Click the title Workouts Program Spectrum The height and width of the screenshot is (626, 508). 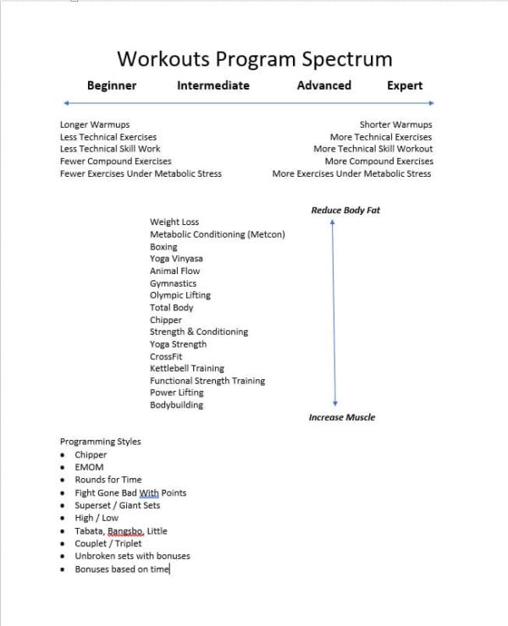[254, 58]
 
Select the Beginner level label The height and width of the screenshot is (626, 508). [111, 85]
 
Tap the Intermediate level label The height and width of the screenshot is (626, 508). [213, 85]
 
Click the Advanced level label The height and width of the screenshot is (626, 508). [323, 85]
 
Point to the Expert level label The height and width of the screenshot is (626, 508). [405, 85]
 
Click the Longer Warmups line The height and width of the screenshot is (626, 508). [95, 124]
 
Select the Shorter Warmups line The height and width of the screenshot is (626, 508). [395, 124]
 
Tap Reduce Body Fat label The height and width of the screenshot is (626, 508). [345, 210]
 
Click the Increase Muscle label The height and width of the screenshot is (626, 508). [341, 417]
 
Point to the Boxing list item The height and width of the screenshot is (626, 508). [163, 246]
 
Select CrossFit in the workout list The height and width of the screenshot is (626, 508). [166, 356]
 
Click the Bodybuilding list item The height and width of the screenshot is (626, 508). [176, 405]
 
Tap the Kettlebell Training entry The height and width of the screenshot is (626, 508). [187, 369]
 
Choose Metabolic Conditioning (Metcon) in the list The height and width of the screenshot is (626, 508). [217, 234]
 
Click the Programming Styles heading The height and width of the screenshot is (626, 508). [100, 442]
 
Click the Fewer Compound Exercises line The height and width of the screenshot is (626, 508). [115, 161]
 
